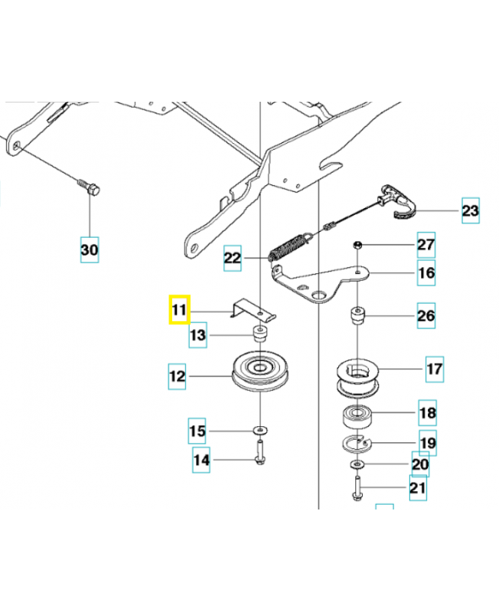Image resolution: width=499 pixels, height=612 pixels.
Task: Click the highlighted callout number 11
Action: click(178, 311)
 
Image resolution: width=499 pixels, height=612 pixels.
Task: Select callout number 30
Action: click(90, 249)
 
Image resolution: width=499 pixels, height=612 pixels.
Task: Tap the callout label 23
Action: click(471, 210)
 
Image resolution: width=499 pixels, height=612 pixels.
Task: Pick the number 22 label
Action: click(233, 259)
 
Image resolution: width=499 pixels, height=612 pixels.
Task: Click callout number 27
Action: click(426, 245)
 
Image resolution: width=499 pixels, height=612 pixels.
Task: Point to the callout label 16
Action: click(426, 273)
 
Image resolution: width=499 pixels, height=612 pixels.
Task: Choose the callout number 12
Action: click(178, 376)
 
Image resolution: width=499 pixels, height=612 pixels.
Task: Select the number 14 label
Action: click(201, 461)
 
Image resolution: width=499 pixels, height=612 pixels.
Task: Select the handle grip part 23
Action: click(400, 202)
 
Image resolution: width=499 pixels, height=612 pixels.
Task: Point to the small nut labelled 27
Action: click(357, 244)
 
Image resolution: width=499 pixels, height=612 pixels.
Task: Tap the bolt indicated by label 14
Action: click(260, 454)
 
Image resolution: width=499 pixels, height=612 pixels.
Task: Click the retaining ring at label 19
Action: click(357, 443)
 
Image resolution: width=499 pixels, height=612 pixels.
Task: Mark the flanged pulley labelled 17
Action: click(359, 378)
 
